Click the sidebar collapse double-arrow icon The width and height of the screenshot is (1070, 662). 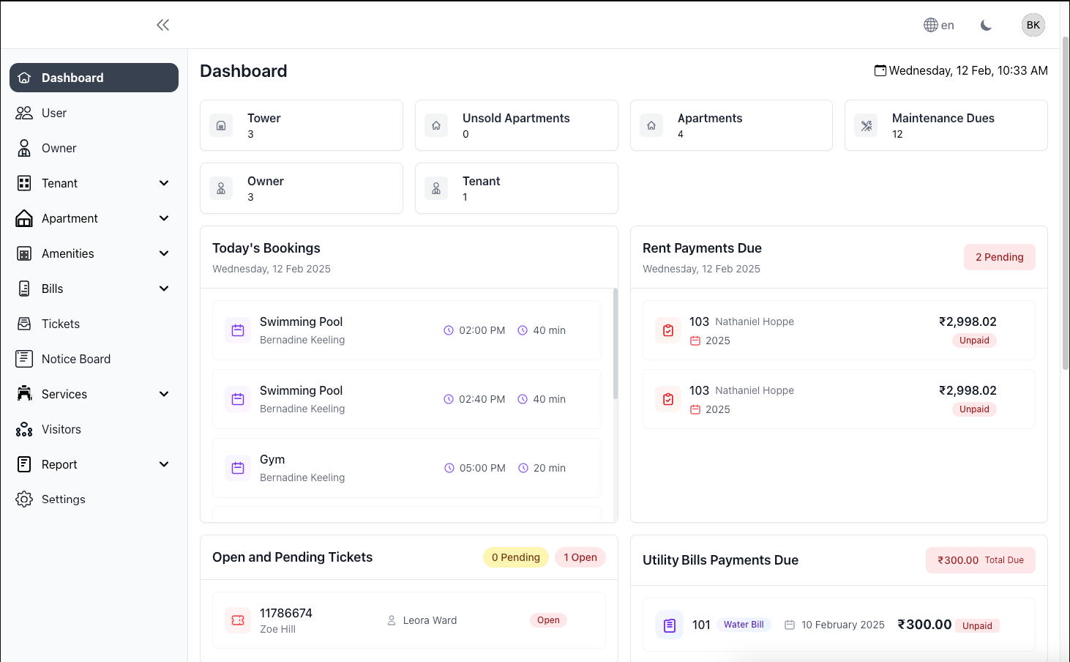click(x=162, y=25)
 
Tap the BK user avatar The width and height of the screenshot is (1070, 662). click(x=1033, y=25)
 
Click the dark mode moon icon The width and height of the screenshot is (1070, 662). click(x=986, y=25)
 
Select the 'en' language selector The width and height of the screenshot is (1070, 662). click(x=939, y=25)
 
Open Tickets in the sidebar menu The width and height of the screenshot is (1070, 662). click(x=60, y=324)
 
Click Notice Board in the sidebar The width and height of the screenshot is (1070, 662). click(x=75, y=359)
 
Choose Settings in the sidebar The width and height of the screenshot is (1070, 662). click(x=63, y=499)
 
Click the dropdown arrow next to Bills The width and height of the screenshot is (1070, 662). click(x=164, y=289)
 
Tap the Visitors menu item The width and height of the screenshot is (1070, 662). click(x=61, y=429)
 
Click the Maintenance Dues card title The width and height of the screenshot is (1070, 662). click(x=943, y=118)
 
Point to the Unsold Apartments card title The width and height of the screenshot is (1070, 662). click(x=515, y=118)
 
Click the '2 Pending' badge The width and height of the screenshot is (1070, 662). click(x=999, y=257)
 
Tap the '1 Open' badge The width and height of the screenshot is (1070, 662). click(x=580, y=557)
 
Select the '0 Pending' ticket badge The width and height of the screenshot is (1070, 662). click(x=515, y=557)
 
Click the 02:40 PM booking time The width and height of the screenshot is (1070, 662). click(x=482, y=399)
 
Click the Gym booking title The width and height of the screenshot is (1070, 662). click(x=272, y=459)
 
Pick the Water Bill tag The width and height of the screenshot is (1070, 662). click(x=744, y=625)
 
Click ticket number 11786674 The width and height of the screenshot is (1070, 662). click(x=285, y=613)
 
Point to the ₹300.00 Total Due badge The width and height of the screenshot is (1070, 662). click(x=980, y=560)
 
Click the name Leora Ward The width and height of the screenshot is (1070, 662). click(x=430, y=620)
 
